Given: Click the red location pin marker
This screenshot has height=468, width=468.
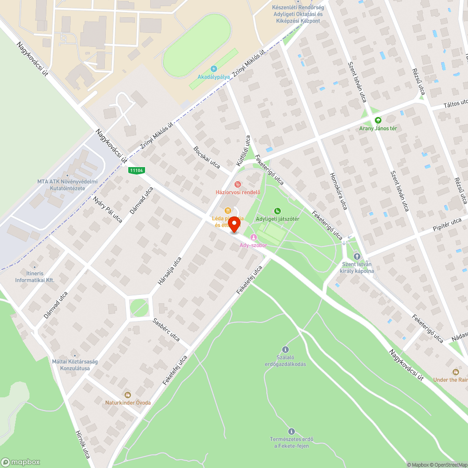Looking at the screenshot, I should click(234, 225).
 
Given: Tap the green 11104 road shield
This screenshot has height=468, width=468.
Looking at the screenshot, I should click(136, 171).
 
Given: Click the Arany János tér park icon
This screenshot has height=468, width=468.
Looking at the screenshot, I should click(378, 120).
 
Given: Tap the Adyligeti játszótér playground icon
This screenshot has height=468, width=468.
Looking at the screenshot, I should click(278, 211).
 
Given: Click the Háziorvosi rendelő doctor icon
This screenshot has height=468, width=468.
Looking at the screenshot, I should click(237, 184).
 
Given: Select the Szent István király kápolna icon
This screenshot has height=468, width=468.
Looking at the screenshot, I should click(357, 256).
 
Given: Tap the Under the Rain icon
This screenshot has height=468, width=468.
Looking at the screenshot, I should click(456, 372).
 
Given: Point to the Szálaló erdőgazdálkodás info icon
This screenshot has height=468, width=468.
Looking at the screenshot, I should click(285, 349).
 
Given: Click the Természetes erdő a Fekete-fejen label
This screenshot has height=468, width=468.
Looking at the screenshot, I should click(291, 442).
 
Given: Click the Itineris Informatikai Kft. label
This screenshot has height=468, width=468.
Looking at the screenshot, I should click(35, 277).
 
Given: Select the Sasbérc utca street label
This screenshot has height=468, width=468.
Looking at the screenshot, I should click(167, 330).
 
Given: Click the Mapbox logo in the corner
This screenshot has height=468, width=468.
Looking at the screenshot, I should click(21, 461).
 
